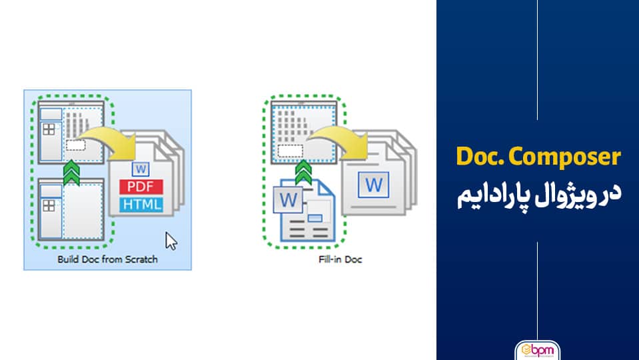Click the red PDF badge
(141, 187)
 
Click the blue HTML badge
(141, 204)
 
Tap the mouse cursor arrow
(171, 241)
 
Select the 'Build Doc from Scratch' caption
(107, 259)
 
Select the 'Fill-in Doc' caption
(340, 259)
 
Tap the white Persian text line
(539, 196)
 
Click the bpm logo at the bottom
(538, 350)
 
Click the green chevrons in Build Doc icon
(71, 173)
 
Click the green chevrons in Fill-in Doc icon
(303, 173)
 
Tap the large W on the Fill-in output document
(373, 185)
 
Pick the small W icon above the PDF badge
(141, 169)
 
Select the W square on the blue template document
(288, 200)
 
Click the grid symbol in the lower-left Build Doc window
(49, 205)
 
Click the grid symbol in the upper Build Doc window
(49, 129)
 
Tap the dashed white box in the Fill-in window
(290, 151)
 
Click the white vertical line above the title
(537, 60)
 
